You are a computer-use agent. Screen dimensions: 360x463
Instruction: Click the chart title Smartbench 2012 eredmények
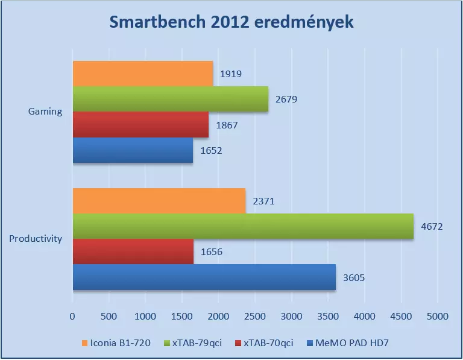(x=231, y=22)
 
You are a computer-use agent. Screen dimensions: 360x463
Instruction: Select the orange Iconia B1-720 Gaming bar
(x=143, y=74)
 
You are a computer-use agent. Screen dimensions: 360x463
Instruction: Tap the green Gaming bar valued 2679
(x=171, y=99)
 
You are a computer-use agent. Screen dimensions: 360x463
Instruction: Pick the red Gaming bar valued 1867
(x=140, y=125)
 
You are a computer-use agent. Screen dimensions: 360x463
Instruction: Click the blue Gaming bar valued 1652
(x=133, y=150)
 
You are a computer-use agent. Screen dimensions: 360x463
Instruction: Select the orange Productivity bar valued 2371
(x=159, y=201)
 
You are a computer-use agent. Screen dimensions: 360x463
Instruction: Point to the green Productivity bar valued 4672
(x=243, y=226)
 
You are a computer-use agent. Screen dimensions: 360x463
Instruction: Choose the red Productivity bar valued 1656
(x=133, y=251)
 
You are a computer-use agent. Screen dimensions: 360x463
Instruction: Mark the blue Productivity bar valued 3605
(x=204, y=277)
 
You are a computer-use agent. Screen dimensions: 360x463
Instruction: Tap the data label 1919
(x=230, y=74)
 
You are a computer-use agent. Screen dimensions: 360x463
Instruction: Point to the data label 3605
(x=353, y=278)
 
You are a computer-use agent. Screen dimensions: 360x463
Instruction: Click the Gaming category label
(x=45, y=112)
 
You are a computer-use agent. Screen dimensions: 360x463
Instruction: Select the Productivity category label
(x=36, y=239)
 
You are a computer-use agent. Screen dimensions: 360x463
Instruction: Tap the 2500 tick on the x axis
(x=255, y=316)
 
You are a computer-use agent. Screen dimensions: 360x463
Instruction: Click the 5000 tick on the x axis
(x=438, y=316)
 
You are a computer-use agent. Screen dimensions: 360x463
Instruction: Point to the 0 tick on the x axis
(x=73, y=316)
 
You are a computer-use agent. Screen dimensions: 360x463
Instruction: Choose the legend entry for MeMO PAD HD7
(x=353, y=343)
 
